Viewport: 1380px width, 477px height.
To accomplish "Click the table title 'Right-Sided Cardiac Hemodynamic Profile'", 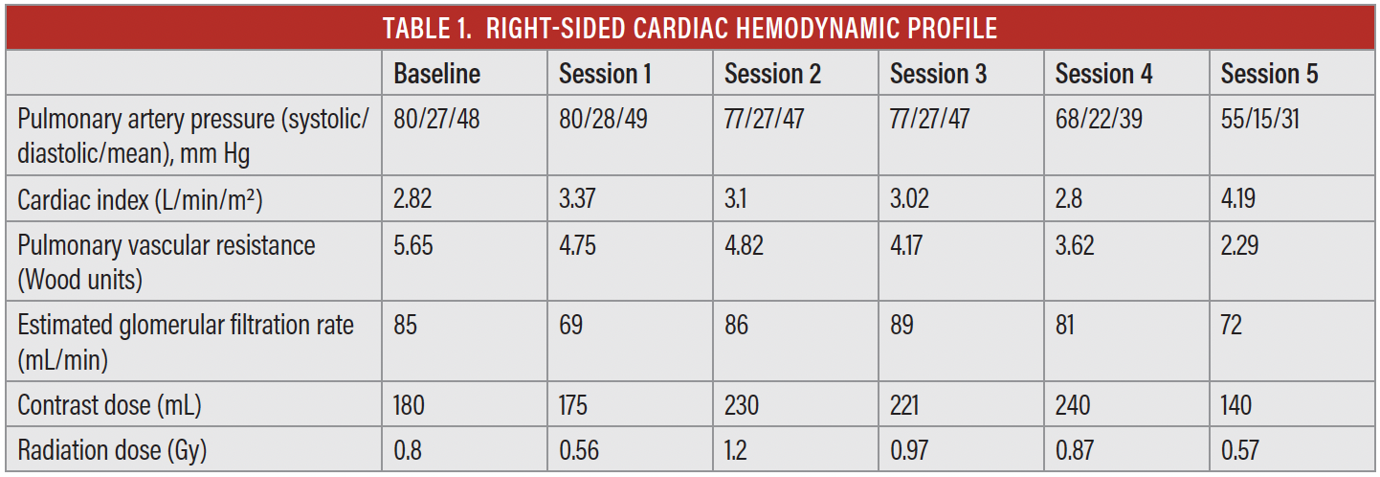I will tap(690, 28).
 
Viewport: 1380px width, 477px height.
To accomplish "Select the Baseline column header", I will tap(436, 74).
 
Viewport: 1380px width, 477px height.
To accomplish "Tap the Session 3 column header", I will tap(938, 74).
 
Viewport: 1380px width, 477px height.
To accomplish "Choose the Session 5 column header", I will tap(1269, 74).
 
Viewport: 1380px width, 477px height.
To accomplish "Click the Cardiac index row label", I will tap(140, 201).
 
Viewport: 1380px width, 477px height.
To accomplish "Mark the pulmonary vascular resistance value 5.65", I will tap(414, 246).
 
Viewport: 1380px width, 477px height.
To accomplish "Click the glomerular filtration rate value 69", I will tap(571, 326).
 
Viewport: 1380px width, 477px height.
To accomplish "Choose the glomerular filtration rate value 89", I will tap(901, 326).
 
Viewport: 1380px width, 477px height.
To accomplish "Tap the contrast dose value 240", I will tap(1073, 405).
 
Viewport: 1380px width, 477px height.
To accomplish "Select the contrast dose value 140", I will tap(1236, 405).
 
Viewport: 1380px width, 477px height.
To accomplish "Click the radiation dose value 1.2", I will tap(737, 450).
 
